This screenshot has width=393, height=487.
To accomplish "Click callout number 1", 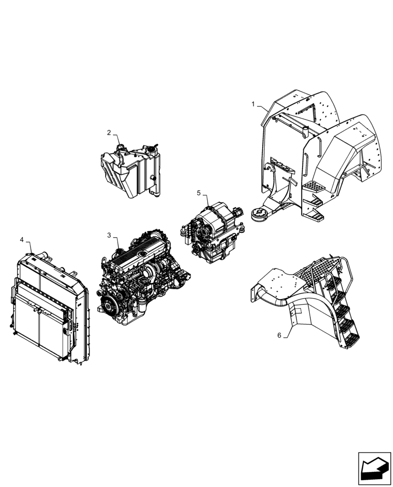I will pyautogui.click(x=253, y=104).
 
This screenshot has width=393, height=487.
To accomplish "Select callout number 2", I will pyautogui.click(x=109, y=132).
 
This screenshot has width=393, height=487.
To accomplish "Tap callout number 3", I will pyautogui.click(x=109, y=235).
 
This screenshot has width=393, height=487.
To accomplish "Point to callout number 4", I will pyautogui.click(x=21, y=240).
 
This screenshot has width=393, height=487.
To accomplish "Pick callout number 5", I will pyautogui.click(x=198, y=193).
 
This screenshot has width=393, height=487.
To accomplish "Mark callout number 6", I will pyautogui.click(x=279, y=335).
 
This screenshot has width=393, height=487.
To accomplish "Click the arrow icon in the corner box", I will pyautogui.click(x=374, y=468).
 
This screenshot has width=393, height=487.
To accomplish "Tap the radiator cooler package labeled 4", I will pyautogui.click(x=49, y=307).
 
